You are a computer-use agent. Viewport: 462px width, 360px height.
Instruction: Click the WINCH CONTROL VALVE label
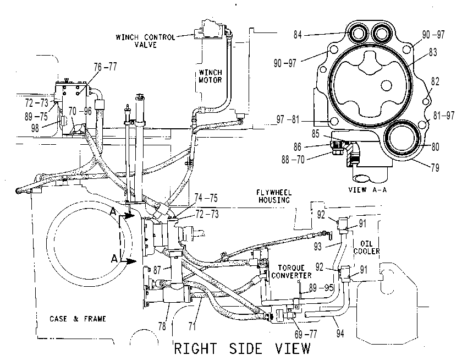(145, 41)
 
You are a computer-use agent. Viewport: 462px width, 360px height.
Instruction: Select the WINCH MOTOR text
(210, 76)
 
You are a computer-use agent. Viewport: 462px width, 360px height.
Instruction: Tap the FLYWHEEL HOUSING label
(274, 197)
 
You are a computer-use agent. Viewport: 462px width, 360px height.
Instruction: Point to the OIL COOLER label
(366, 247)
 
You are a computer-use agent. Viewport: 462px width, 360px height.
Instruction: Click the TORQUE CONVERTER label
(291, 271)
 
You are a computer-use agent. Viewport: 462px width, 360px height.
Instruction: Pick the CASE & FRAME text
(78, 319)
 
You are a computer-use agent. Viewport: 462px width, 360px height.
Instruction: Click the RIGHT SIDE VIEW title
(242, 348)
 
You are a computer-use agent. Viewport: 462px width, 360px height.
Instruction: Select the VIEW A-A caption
(367, 189)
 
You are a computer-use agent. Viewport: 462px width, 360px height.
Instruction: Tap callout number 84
(298, 35)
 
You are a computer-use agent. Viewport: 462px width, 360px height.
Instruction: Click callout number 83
(433, 52)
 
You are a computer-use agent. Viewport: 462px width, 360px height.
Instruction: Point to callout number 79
(435, 168)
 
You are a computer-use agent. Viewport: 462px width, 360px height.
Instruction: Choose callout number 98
(35, 128)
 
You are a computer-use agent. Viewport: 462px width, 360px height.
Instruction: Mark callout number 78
(162, 326)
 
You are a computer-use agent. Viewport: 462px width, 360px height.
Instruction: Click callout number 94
(340, 334)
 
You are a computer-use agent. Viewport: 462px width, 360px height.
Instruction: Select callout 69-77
(306, 334)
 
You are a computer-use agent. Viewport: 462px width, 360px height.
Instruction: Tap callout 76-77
(106, 67)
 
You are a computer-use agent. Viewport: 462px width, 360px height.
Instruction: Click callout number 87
(157, 270)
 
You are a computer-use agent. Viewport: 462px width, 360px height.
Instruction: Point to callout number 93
(318, 246)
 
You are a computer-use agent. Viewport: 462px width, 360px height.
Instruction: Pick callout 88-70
(293, 160)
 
